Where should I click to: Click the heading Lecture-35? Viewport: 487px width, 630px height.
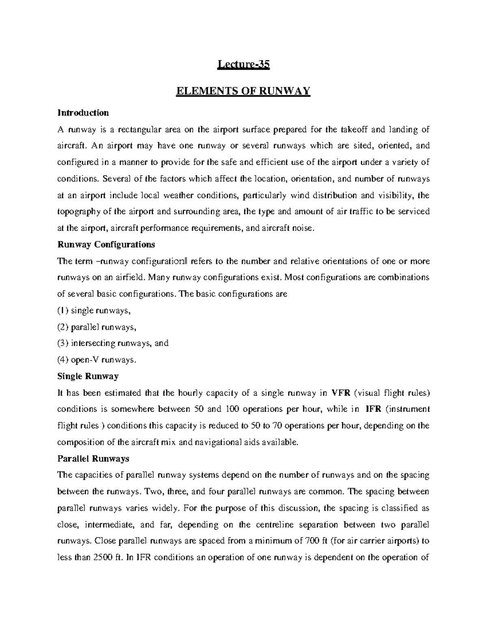(243, 65)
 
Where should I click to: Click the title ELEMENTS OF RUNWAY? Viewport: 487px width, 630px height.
(243, 91)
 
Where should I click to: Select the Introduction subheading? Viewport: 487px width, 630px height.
(83, 112)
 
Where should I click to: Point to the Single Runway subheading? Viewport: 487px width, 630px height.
(88, 376)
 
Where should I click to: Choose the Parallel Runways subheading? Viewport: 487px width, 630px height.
(93, 459)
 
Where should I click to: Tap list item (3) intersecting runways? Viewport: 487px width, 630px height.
(113, 343)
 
